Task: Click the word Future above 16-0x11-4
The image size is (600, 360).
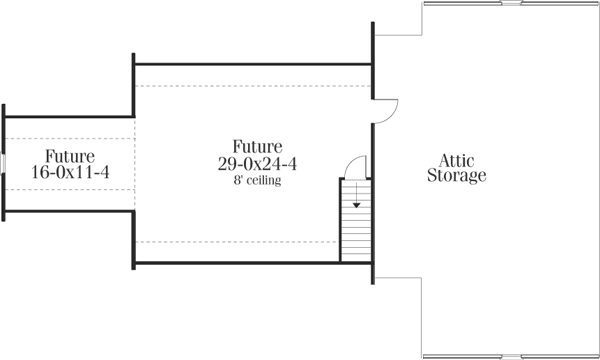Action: [x=69, y=156]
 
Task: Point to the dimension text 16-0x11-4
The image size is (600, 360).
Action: [x=69, y=173]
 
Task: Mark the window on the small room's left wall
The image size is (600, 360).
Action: [x=3, y=162]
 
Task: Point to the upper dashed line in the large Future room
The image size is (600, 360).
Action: [x=250, y=87]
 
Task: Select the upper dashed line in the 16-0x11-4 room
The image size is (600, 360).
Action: [x=70, y=138]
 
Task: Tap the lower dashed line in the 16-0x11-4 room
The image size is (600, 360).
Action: [x=70, y=189]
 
